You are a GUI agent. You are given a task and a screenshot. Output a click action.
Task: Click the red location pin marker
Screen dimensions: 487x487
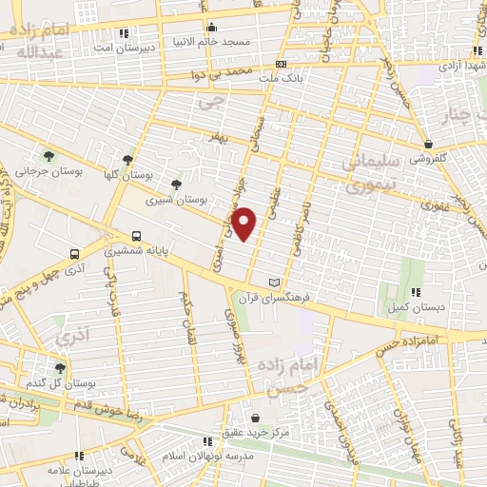[x=245, y=224]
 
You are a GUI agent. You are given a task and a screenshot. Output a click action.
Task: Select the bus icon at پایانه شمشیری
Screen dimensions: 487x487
[x=136, y=236]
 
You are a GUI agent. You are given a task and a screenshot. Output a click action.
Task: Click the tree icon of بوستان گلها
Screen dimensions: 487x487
[x=127, y=161]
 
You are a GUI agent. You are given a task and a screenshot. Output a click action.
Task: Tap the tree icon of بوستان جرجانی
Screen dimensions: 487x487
[x=49, y=156]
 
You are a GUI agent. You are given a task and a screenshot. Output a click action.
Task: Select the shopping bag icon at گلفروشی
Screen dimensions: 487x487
[x=429, y=146]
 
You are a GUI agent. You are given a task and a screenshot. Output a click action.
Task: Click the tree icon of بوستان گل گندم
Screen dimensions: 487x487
[x=61, y=367]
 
